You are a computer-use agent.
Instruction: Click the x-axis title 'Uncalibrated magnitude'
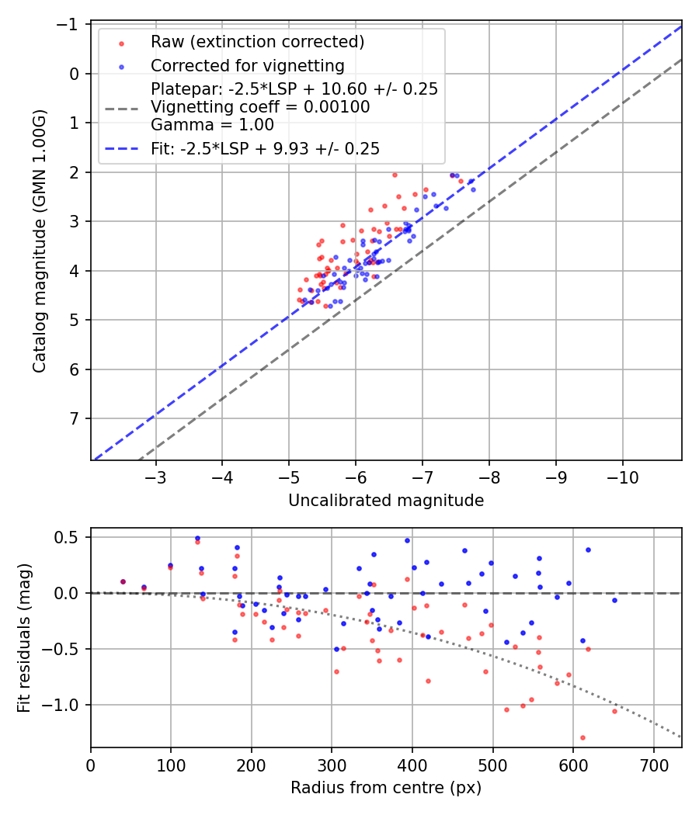386,501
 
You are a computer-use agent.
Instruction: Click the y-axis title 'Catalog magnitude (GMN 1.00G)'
40,241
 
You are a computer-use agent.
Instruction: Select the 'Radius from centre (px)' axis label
386,788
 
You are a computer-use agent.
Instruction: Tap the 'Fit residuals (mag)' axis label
24,637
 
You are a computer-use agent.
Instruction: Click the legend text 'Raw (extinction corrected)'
258,41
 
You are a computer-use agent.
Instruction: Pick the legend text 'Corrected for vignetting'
247,65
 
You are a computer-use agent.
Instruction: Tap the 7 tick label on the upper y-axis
76,419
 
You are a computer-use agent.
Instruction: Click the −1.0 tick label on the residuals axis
66,705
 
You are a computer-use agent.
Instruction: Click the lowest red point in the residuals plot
582,737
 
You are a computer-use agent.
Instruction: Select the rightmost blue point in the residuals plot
614,600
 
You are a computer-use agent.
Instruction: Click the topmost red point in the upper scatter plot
395,175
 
